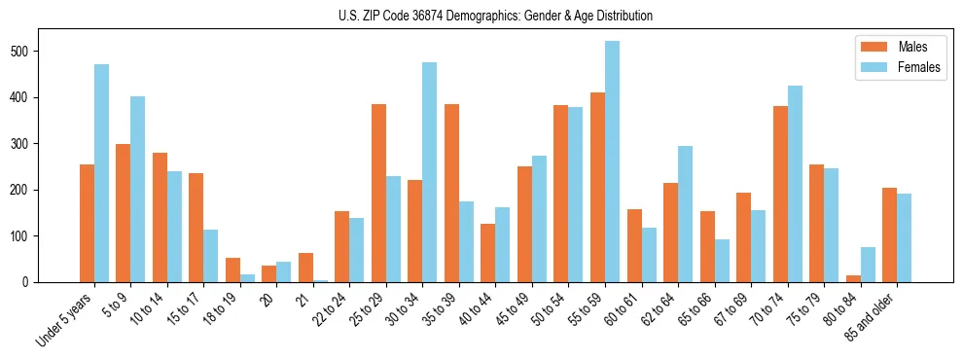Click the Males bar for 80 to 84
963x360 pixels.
(x=816, y=278)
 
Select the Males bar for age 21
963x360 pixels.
(x=305, y=268)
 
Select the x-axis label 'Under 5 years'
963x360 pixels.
(x=66, y=318)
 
